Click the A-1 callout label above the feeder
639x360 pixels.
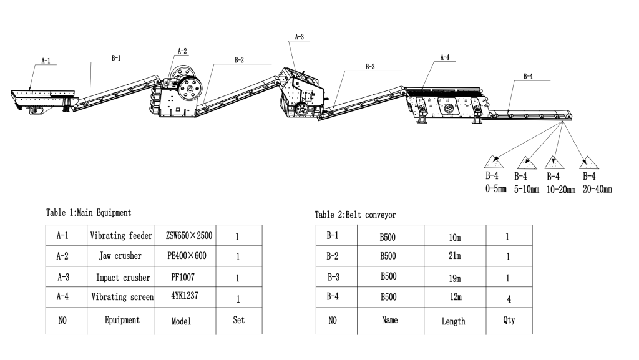tap(46, 61)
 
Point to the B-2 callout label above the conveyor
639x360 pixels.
tap(239, 60)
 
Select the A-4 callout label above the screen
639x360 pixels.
tap(445, 57)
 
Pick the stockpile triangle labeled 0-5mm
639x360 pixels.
tap(497, 162)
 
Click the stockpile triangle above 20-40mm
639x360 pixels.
tap(588, 162)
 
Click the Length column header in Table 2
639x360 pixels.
tap(454, 321)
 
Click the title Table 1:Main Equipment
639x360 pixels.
tap(88, 213)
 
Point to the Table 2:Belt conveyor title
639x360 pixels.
tap(355, 215)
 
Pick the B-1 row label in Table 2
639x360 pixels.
tap(332, 236)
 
